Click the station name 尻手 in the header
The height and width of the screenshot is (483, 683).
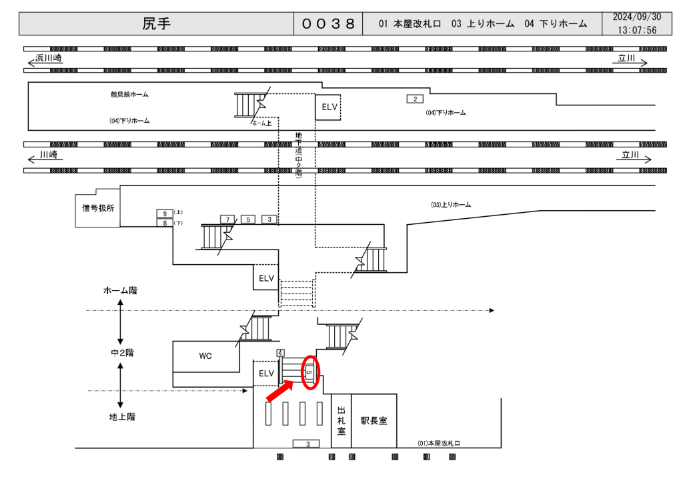[x=156, y=23]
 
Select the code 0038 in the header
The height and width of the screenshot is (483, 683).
[x=329, y=23]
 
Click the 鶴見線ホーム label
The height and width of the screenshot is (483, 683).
[x=129, y=95]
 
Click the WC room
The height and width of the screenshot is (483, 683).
[x=205, y=356]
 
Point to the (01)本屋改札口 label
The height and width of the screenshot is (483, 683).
[x=440, y=443]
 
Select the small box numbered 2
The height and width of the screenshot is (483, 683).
[x=415, y=99]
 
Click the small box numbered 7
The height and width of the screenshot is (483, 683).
[x=228, y=219]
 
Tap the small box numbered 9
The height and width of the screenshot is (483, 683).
[x=165, y=213]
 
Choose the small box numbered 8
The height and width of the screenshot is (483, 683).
[x=165, y=223]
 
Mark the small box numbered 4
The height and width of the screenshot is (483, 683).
[x=280, y=352]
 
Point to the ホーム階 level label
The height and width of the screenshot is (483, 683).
[x=121, y=291]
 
